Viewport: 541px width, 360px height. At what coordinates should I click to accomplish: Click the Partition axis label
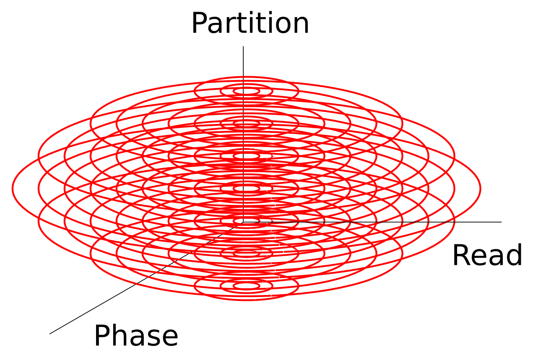click(x=250, y=24)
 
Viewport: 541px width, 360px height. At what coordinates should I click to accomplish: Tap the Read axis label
click(x=487, y=255)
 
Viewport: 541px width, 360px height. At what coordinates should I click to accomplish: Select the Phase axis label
click(x=136, y=336)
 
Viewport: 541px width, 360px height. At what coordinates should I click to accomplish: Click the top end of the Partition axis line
click(x=243, y=47)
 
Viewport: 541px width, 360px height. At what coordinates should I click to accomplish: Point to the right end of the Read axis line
click(x=501, y=222)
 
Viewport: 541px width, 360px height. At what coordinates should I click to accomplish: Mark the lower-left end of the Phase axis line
click(x=50, y=334)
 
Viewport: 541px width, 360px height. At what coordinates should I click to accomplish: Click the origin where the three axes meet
click(x=243, y=222)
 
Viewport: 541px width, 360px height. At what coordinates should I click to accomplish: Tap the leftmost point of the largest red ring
click(x=13, y=188)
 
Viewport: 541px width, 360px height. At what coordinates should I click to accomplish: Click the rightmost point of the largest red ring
click(x=481, y=188)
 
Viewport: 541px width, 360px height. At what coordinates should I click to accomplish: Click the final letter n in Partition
click(x=301, y=26)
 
